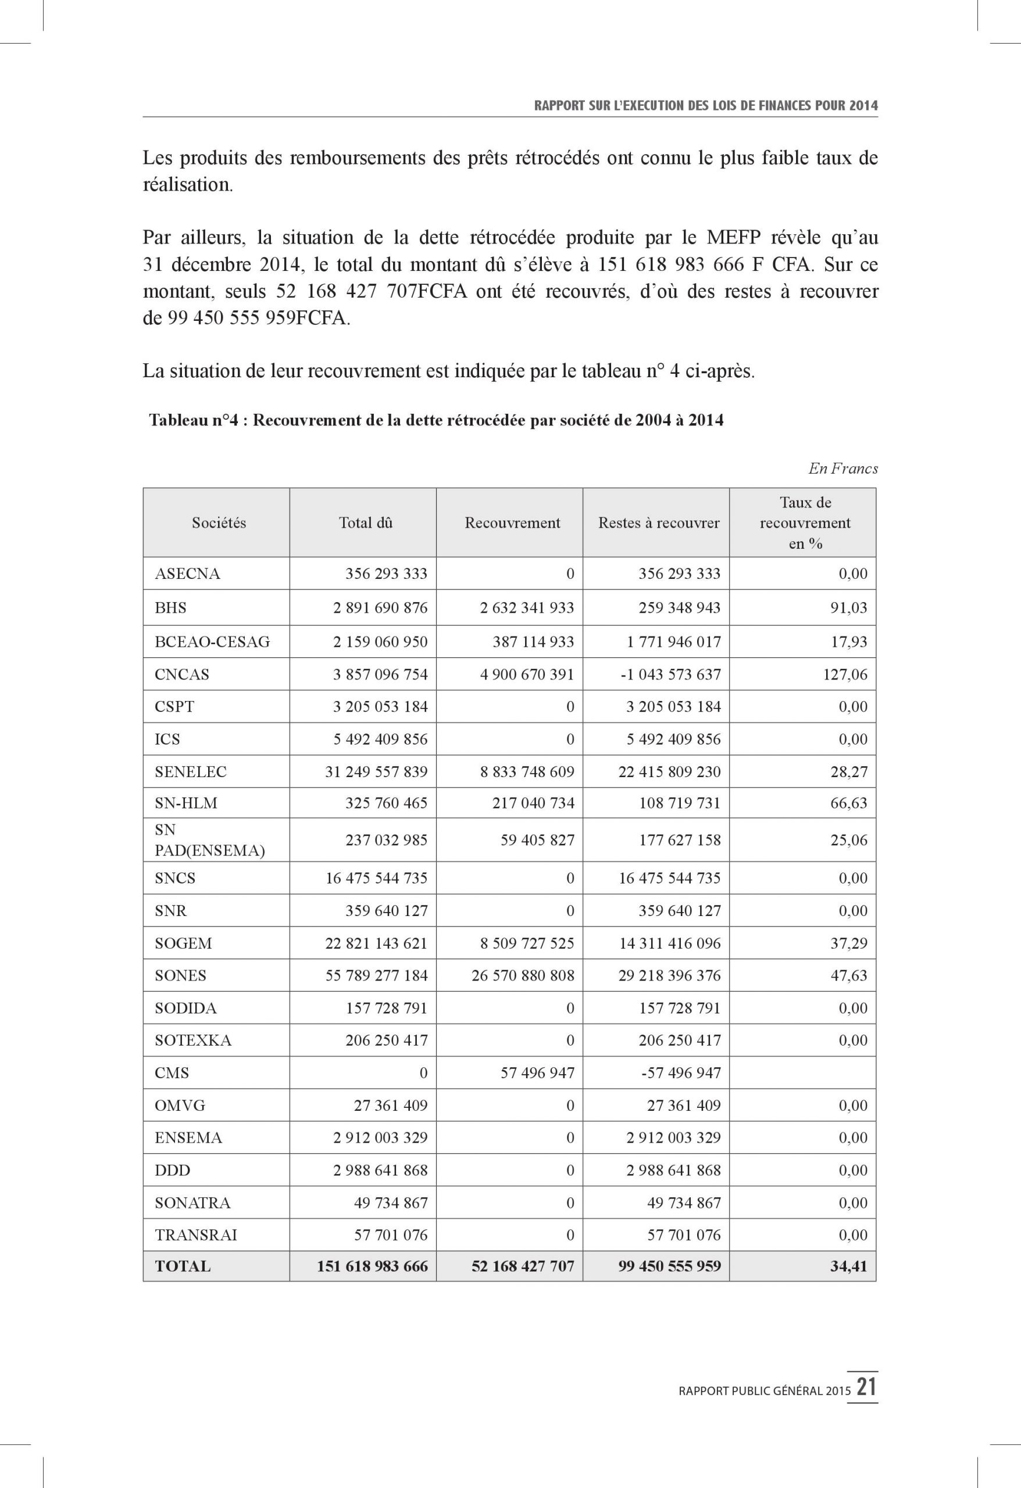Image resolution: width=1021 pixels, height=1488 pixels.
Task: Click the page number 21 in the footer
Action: (x=867, y=1388)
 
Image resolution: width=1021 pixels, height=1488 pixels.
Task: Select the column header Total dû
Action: (x=365, y=523)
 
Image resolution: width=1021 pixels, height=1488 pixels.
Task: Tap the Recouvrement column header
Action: (x=512, y=523)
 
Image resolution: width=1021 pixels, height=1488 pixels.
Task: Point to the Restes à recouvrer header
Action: (x=658, y=523)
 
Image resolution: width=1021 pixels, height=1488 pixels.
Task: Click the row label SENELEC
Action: (x=190, y=771)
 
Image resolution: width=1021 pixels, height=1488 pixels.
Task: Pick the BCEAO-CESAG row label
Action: (x=212, y=642)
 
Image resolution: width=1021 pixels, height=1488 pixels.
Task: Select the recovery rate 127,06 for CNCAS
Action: (x=845, y=674)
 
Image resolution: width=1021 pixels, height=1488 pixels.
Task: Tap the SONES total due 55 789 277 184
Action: (x=376, y=975)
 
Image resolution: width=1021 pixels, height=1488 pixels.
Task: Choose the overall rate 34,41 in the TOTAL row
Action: (x=849, y=1266)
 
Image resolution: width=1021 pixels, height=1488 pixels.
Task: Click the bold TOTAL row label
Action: (x=183, y=1266)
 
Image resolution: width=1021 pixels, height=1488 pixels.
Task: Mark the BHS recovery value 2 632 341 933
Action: (x=527, y=607)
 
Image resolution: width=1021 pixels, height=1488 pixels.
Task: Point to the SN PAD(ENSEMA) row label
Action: (x=209, y=840)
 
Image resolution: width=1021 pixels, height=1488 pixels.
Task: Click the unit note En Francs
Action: (x=843, y=468)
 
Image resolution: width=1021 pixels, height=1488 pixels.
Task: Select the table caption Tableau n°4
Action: (x=436, y=420)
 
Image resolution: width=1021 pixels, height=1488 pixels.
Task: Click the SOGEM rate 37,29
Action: (x=849, y=943)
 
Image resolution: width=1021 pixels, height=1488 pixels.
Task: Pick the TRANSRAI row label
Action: (x=195, y=1235)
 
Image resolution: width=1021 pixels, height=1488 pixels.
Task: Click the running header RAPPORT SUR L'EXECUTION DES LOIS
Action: (x=705, y=106)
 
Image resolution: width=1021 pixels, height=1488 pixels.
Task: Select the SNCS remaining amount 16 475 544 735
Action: (x=669, y=878)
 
